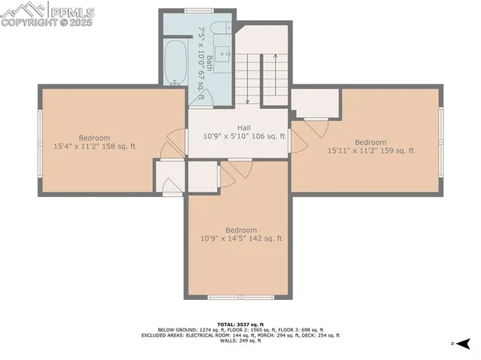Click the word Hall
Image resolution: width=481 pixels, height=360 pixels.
[244, 128]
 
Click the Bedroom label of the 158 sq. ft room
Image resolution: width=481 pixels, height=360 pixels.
[95, 138]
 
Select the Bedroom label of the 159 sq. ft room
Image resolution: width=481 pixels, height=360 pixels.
[370, 142]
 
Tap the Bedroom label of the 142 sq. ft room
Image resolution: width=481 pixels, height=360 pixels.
[240, 230]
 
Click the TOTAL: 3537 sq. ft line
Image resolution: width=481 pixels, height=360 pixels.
[240, 322]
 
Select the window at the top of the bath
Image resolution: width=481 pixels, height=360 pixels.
[197, 10]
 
